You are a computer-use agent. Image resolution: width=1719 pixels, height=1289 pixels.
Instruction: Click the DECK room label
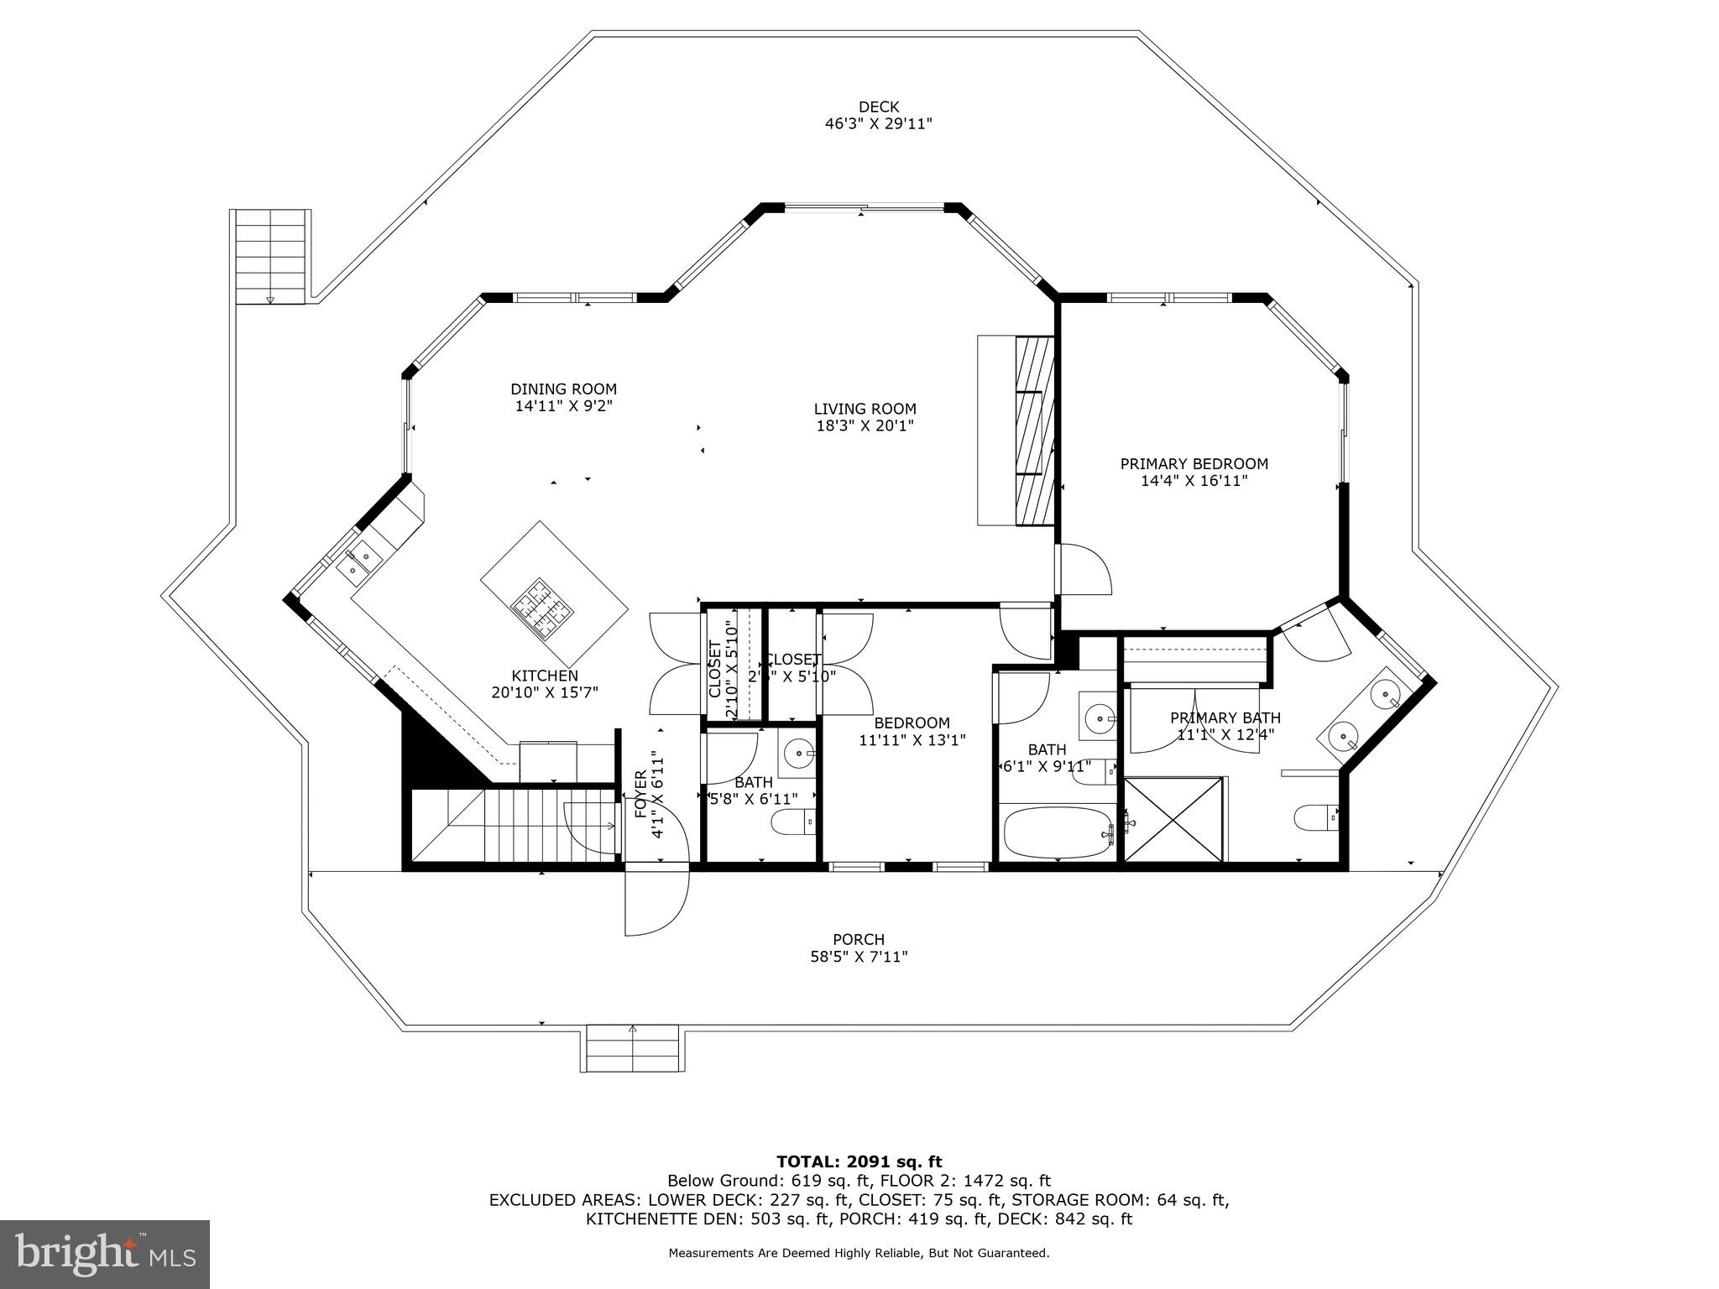878,107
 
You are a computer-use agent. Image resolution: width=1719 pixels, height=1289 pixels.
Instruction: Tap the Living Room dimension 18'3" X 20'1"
865,426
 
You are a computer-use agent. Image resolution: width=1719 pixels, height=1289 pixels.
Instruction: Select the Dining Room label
563,389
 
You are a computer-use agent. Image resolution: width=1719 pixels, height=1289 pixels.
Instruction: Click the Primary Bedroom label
1194,464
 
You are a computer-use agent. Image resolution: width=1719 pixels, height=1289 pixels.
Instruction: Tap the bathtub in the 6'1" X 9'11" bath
1058,832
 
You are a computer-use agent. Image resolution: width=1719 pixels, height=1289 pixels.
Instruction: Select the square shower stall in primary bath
1173,819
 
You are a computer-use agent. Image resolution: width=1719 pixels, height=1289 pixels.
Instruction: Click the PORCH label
858,940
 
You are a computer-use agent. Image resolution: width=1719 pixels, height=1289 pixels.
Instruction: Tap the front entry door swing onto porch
656,905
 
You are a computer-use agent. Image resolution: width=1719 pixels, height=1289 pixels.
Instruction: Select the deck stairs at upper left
270,256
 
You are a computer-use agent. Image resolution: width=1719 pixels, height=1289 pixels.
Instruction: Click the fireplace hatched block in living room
1034,431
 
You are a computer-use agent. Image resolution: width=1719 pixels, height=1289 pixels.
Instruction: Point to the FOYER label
640,794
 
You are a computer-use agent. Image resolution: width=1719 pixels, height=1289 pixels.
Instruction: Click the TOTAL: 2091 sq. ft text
859,1162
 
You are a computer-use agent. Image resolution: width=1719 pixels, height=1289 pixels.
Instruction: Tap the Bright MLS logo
105,1254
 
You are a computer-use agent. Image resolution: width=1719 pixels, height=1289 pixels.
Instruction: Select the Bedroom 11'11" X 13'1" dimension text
912,740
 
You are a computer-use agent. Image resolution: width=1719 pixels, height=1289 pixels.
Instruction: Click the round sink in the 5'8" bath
797,750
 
